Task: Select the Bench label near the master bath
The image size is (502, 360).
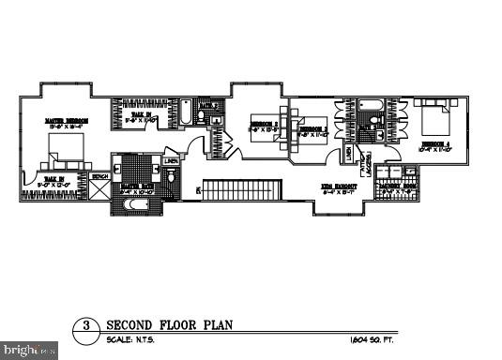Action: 99,175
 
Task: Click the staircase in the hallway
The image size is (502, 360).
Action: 243,190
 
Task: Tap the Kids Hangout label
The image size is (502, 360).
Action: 340,187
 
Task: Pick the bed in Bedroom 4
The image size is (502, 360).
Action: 434,119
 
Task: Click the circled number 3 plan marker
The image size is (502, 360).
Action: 86,326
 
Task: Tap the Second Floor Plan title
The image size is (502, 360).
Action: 169,324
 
